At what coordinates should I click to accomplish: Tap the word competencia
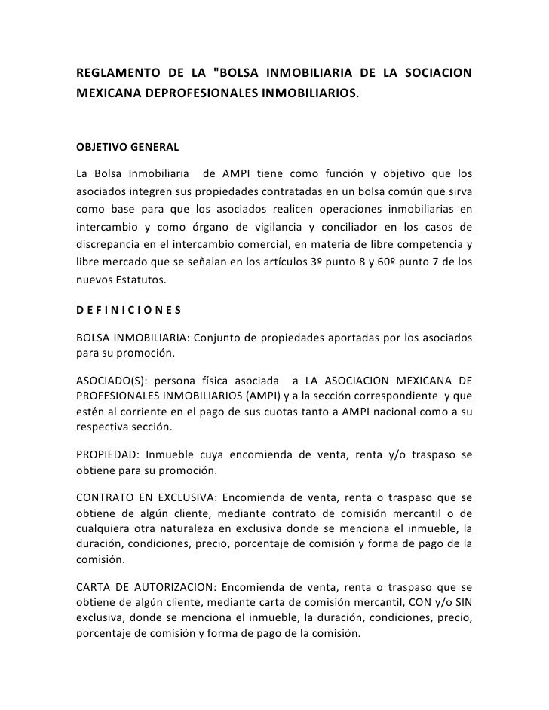(x=432, y=243)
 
